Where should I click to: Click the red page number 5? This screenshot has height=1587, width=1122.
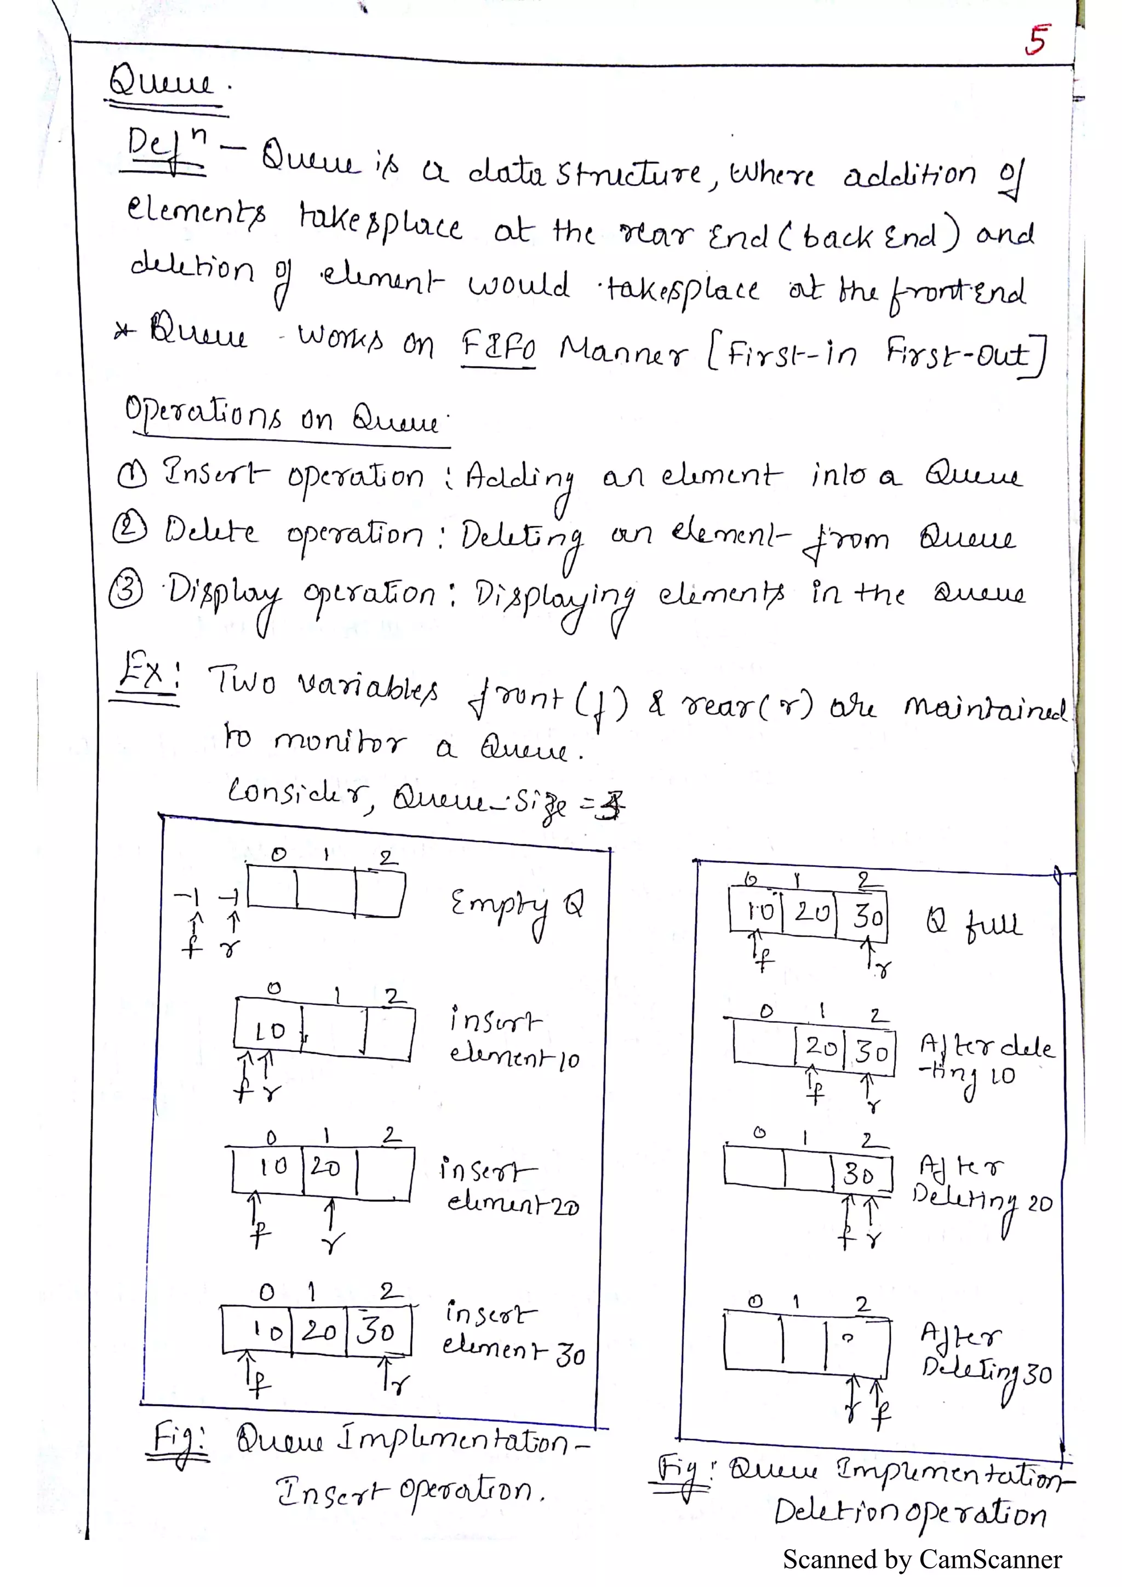point(1037,39)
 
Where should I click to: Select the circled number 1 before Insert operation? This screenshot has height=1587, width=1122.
point(131,475)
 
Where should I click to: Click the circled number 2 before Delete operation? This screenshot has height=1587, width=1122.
point(129,530)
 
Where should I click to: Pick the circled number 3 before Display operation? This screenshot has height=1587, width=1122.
point(126,590)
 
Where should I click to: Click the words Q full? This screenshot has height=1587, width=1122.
point(974,923)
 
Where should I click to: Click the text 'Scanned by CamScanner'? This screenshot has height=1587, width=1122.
point(921,1560)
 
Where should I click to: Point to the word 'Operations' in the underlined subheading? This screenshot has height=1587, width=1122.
point(203,413)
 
